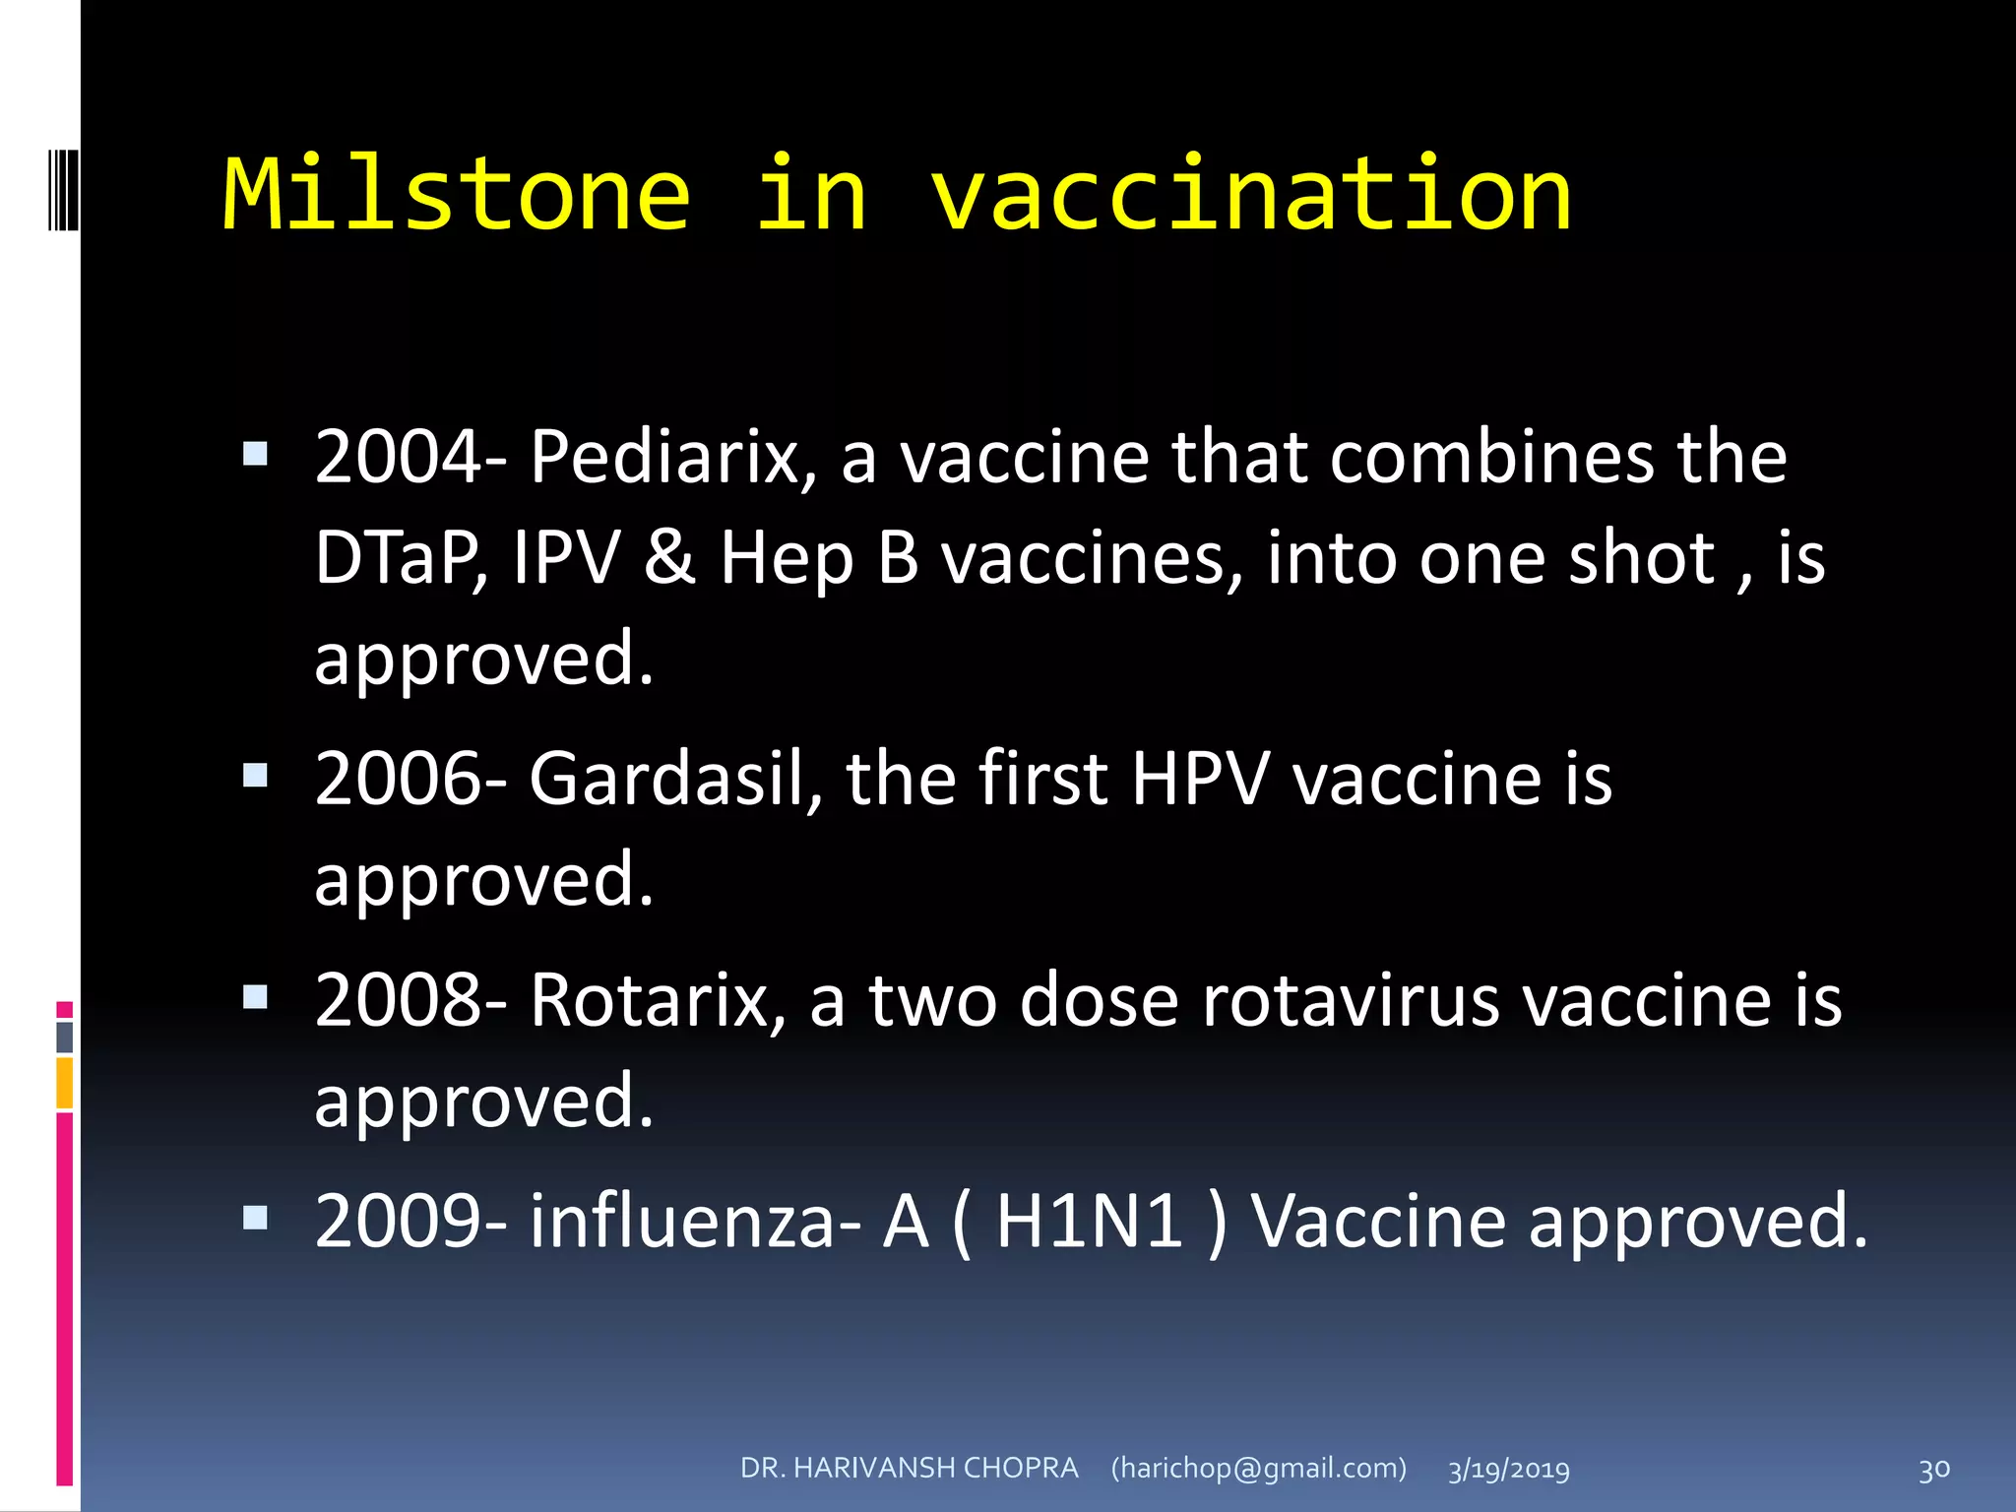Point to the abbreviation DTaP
pos(400,558)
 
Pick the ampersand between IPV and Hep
pos(670,558)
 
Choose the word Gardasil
pos(665,779)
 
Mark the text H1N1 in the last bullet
pos(1090,1221)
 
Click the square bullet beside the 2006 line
pos(255,776)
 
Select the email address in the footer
pos(1259,1468)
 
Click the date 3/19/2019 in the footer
pos(1508,1470)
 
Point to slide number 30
pos(1933,1470)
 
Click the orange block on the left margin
pos(65,1083)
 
